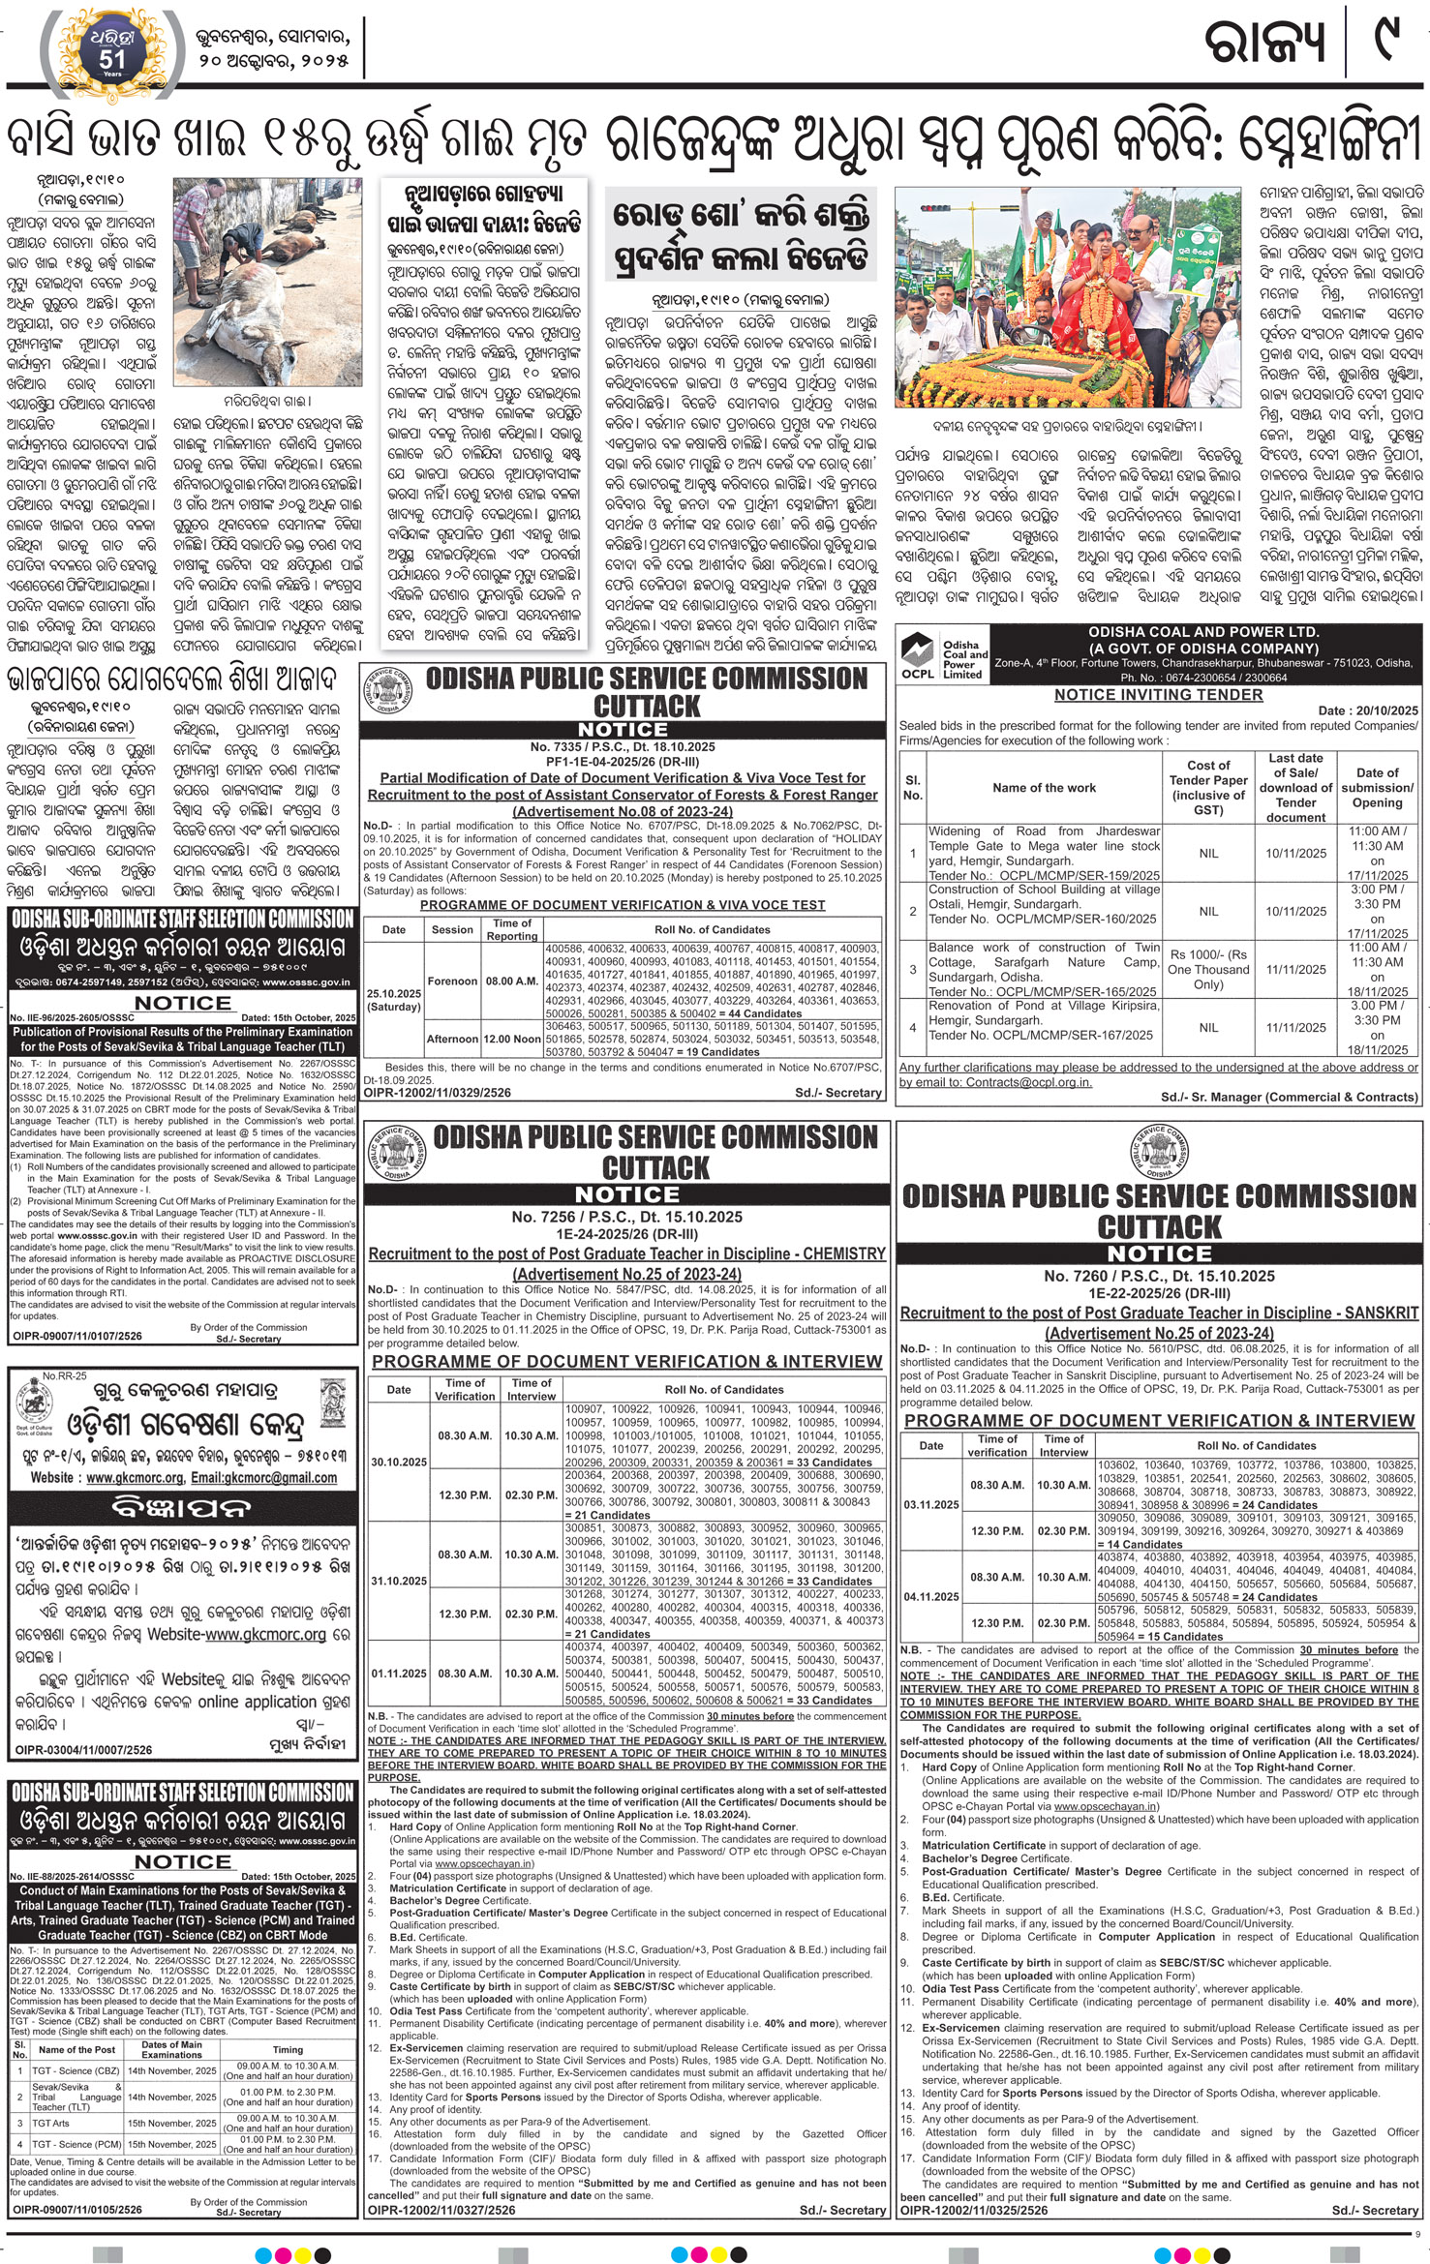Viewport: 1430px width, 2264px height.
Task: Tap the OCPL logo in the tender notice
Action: pos(921,654)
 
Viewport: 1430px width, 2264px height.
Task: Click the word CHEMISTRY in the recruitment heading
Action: pos(844,1253)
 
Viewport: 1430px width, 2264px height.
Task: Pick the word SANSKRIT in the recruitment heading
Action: pos(1377,1313)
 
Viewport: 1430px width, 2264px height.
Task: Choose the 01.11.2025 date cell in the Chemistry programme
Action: pos(398,1673)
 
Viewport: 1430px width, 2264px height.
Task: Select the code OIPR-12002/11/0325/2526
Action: pos(974,2230)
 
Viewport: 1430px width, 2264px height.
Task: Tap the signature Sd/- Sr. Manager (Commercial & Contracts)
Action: pos(1290,1097)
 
